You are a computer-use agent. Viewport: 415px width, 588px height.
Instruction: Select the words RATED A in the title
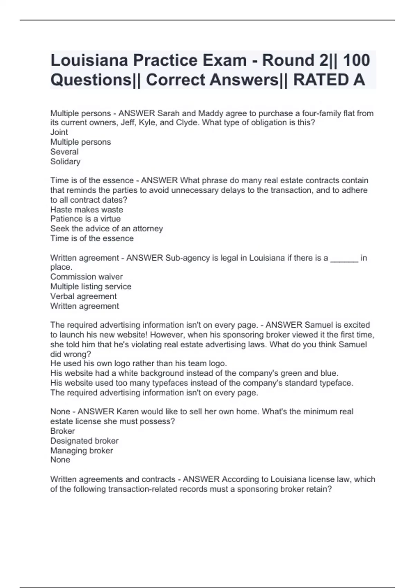[329, 80]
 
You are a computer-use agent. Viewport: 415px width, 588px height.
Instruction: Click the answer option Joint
[59, 132]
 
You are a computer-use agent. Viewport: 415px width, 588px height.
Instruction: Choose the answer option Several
[64, 151]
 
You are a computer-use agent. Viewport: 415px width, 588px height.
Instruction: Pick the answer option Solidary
[65, 162]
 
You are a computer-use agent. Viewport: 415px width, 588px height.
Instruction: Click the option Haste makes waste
[86, 210]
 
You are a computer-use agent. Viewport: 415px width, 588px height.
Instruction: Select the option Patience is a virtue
[85, 219]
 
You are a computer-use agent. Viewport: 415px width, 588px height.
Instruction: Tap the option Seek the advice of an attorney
[107, 229]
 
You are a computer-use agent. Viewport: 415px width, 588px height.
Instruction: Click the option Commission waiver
[86, 277]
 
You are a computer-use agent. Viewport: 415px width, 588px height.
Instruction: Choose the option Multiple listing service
[91, 286]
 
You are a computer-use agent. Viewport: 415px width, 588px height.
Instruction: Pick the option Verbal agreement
[83, 296]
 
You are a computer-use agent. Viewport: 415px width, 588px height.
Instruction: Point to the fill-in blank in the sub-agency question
[344, 258]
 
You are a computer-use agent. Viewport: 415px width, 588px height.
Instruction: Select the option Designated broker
[84, 441]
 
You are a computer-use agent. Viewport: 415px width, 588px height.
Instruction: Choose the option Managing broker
[82, 451]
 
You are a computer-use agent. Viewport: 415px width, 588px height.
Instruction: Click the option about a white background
[194, 373]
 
